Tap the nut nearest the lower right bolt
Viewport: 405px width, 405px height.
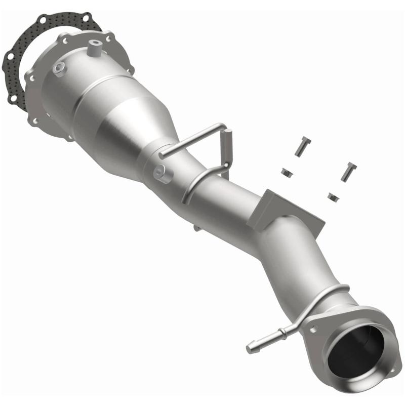click(x=333, y=195)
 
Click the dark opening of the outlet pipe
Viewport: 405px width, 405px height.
click(x=354, y=350)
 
